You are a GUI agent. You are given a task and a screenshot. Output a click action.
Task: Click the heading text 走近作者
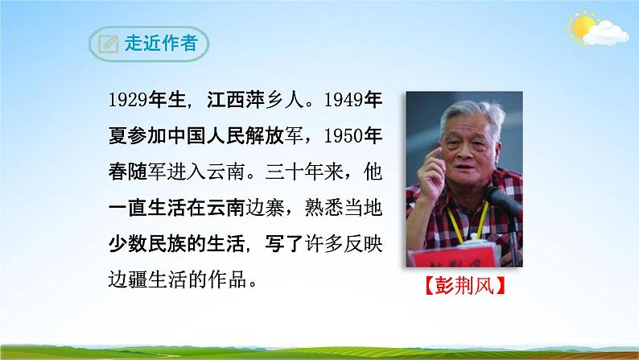pos(163,43)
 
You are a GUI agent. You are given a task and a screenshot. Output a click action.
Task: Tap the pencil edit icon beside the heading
pos(107,43)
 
